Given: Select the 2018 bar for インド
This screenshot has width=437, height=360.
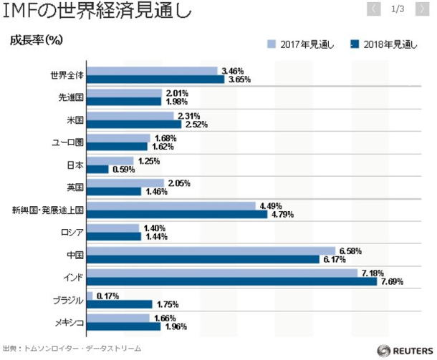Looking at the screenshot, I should [231, 281].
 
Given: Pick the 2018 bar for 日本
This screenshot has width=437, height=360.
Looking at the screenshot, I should [97, 169].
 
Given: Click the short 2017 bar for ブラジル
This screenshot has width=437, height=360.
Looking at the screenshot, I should [89, 296].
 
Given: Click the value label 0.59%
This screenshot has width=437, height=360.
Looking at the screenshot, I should [123, 170].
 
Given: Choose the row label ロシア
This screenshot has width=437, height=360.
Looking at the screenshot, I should [72, 232].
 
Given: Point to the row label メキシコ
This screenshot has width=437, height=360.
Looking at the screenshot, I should [69, 322].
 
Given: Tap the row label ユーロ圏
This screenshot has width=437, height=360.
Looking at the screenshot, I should [69, 142].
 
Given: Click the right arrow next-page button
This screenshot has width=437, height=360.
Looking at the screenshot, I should [424, 9].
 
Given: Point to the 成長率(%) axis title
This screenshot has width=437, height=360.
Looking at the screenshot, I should [37, 40].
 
